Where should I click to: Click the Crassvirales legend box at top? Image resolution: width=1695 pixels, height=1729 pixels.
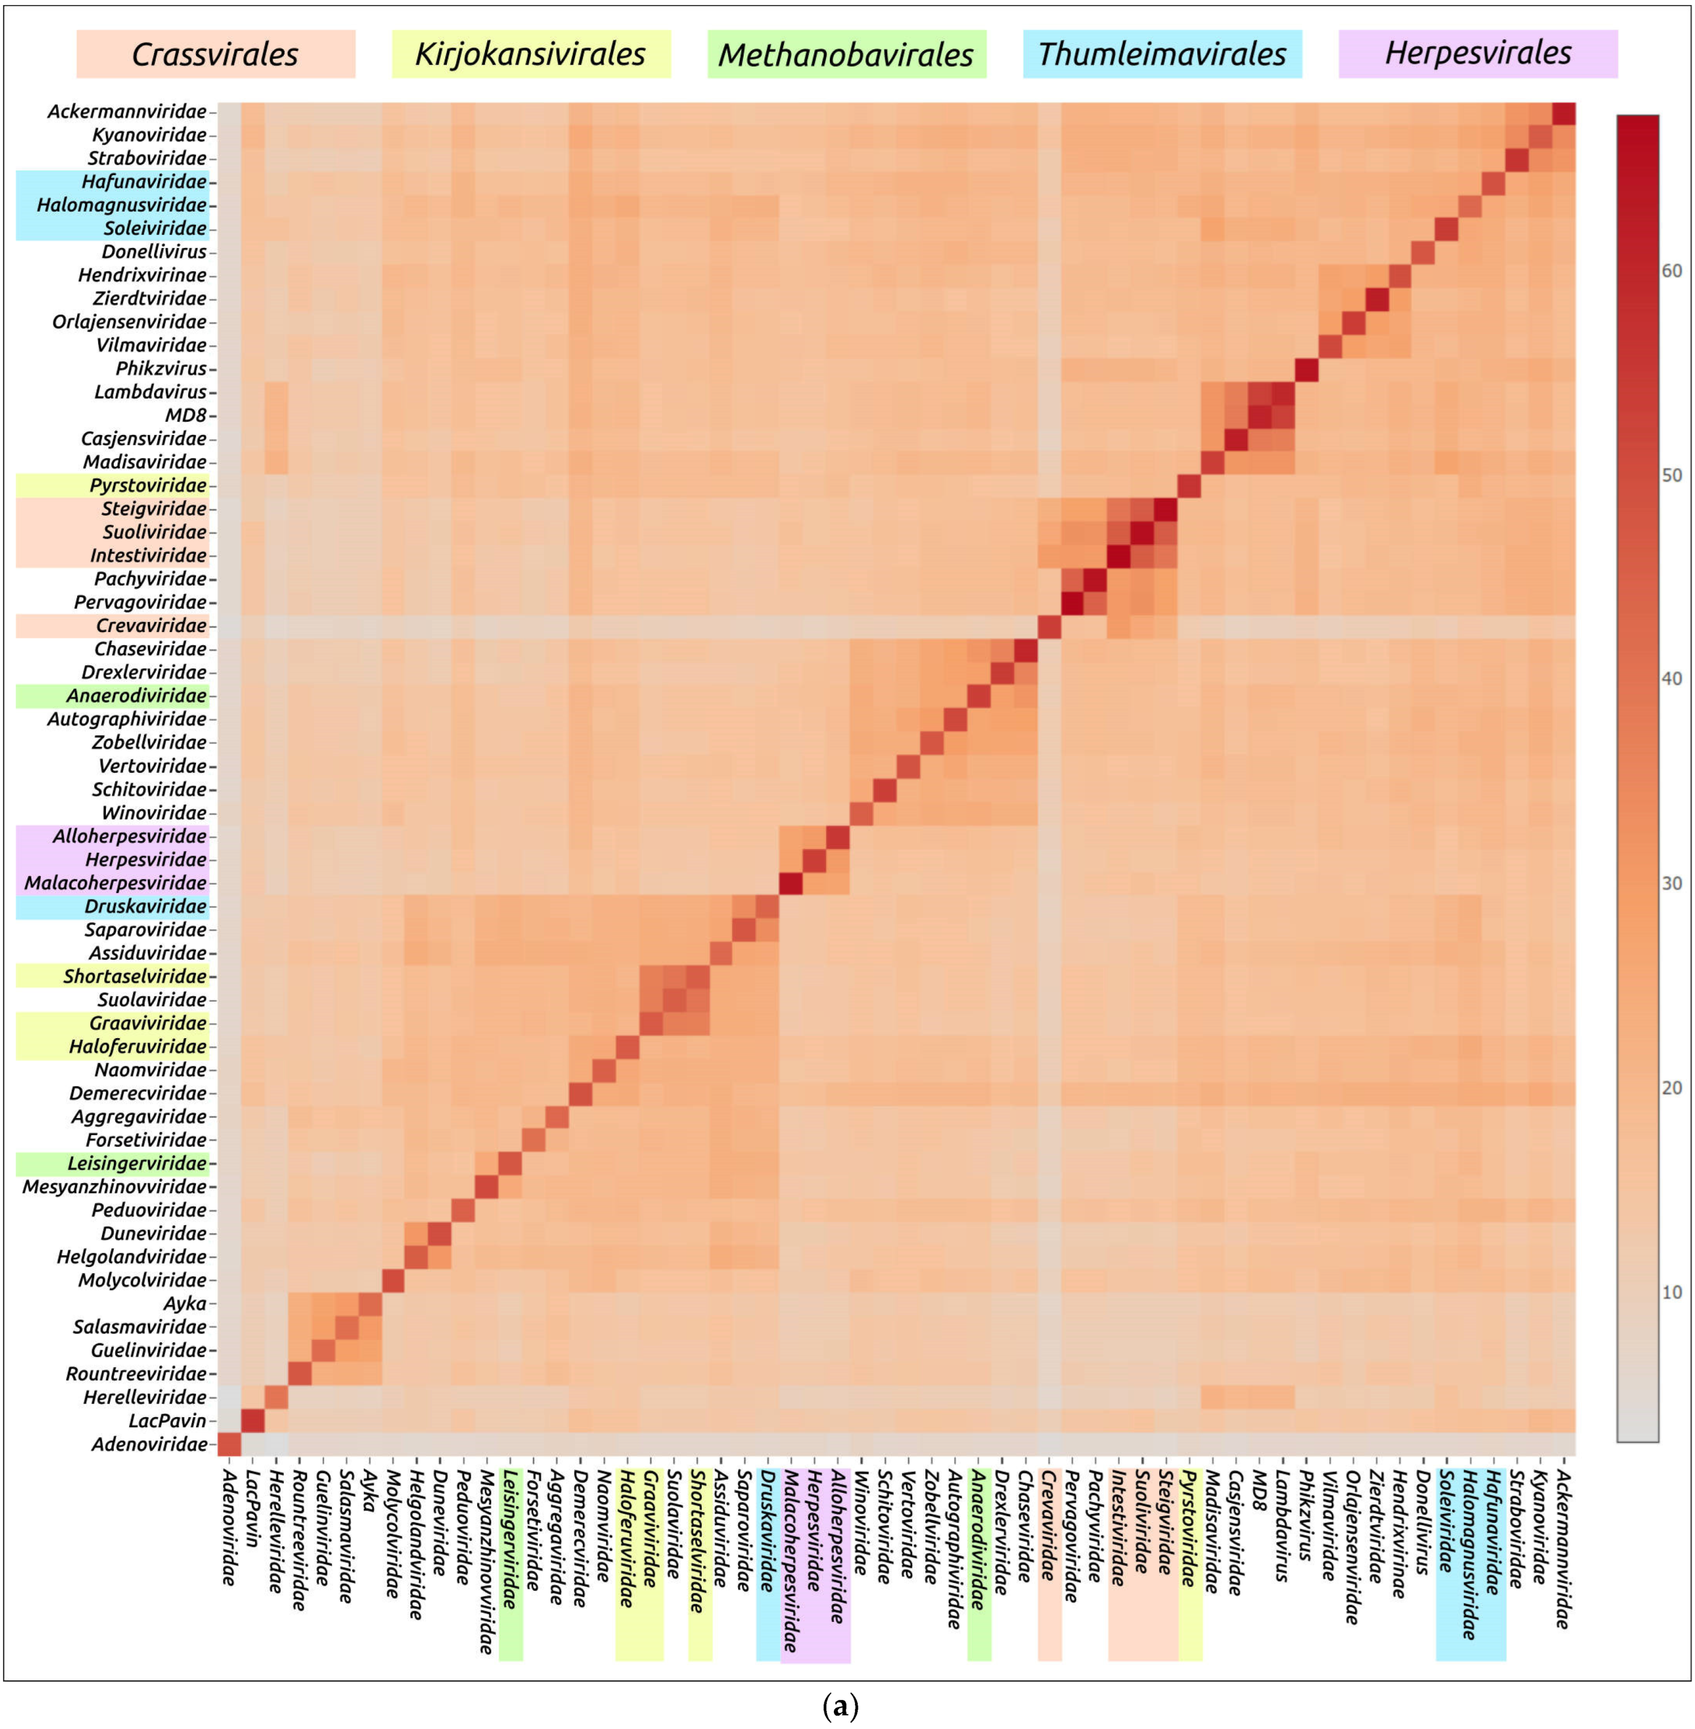216,54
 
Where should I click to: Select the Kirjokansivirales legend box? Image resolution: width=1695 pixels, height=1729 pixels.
531,54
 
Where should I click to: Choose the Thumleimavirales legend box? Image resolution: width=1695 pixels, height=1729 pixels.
1162,54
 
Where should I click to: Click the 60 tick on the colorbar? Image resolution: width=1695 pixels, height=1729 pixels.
1671,270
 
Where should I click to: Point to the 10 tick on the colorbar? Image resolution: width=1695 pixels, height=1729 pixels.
1671,1292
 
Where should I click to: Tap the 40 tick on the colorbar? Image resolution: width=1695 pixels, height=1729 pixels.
1671,679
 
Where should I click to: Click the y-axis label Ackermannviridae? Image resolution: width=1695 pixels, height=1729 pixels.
127,112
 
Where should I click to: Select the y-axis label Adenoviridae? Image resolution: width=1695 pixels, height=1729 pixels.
148,1444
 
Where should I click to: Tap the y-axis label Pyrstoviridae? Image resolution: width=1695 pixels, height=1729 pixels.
148,485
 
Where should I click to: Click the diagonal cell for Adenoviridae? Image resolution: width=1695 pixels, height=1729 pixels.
229,1444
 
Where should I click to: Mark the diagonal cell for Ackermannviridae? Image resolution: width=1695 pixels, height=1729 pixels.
1563,113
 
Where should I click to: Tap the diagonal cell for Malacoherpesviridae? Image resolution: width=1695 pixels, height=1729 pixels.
791,883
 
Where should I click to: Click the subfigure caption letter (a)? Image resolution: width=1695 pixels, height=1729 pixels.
841,1706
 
